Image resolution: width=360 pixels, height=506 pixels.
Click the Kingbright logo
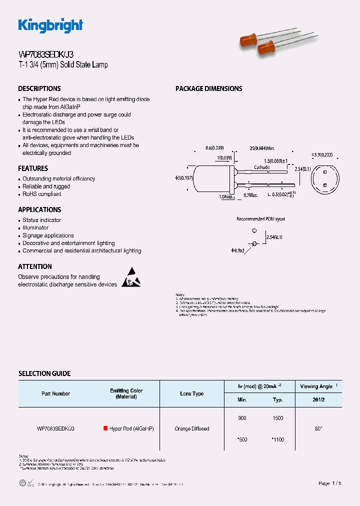pyautogui.click(x=50, y=25)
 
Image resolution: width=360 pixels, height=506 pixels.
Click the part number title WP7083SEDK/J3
pyautogui.click(x=47, y=54)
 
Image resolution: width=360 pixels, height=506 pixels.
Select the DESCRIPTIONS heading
pyautogui.click(x=39, y=88)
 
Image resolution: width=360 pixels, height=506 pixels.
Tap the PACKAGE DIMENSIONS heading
pyautogui.click(x=208, y=88)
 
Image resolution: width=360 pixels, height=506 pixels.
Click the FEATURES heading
pyautogui.click(x=33, y=168)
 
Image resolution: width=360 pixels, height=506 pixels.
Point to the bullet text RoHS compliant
pyautogui.click(x=42, y=194)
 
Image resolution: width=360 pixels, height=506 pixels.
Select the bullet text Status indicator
pyautogui.click(x=42, y=220)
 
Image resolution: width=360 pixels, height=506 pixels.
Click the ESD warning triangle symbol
pyautogui.click(x=131, y=278)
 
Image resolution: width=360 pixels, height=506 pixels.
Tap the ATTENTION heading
pyautogui.click(x=35, y=266)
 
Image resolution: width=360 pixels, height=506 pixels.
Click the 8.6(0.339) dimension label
pyautogui.click(x=214, y=148)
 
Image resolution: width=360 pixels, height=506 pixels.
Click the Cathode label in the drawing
pyautogui.click(x=262, y=167)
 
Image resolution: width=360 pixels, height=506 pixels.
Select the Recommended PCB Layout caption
pyautogui.click(x=260, y=219)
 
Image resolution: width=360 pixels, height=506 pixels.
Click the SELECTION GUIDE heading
pyautogui.click(x=44, y=373)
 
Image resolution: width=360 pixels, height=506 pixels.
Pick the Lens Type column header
pyautogui.click(x=191, y=393)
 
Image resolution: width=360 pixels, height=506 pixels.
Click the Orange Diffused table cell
pyautogui.click(x=191, y=428)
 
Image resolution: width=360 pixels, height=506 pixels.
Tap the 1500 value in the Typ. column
pyautogui.click(x=278, y=418)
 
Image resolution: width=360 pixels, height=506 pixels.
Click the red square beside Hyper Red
pyautogui.click(x=105, y=428)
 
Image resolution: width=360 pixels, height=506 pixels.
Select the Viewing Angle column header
pyautogui.click(x=317, y=386)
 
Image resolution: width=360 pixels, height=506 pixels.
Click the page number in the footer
pyautogui.click(x=330, y=483)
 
